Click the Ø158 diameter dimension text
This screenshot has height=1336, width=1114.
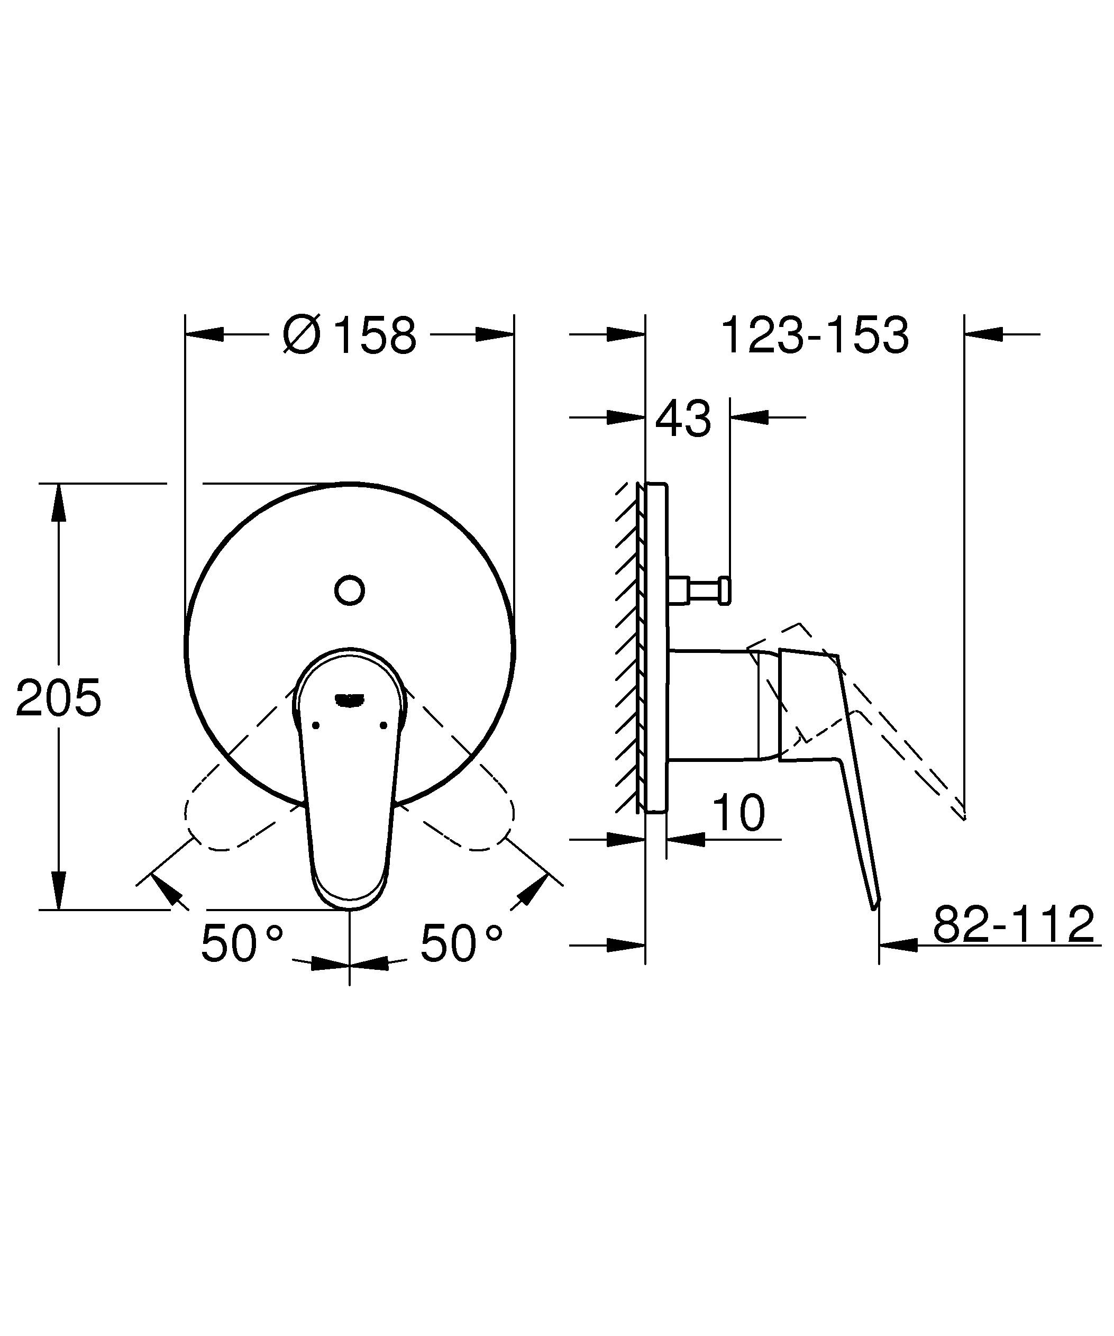coord(350,335)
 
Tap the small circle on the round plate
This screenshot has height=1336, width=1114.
coord(349,590)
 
